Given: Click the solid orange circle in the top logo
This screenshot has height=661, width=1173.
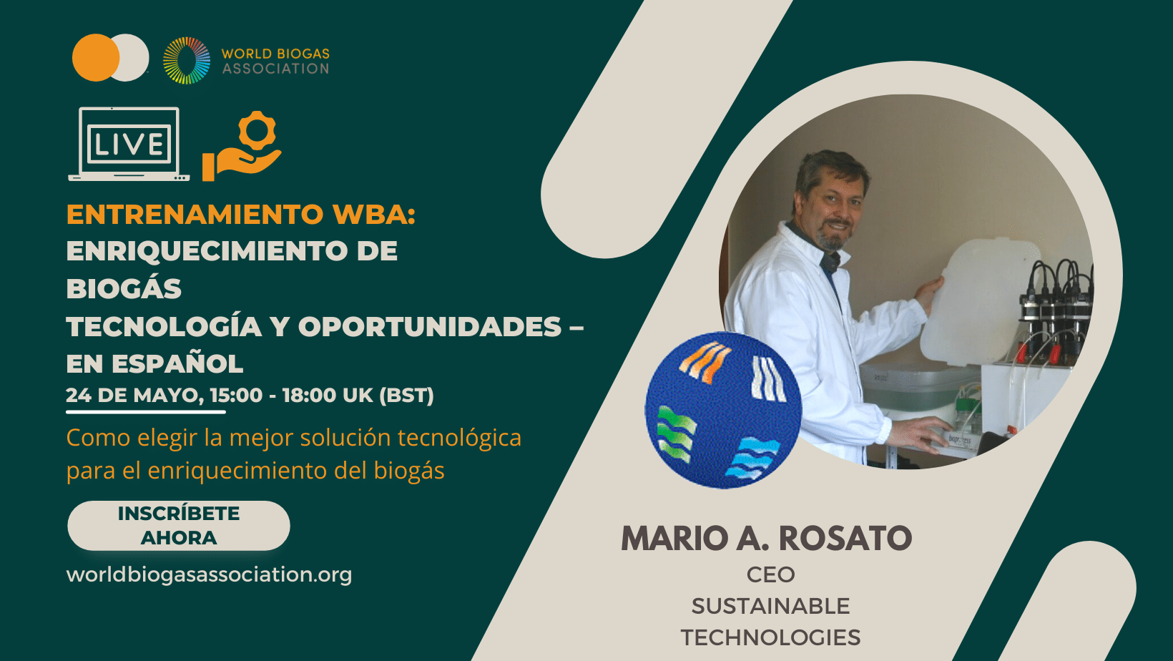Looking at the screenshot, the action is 96,58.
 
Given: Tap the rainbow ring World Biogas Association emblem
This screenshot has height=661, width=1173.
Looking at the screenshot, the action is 187,61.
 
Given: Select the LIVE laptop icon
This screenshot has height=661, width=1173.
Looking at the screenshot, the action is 129,144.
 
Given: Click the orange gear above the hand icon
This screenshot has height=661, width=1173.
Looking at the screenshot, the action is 257,130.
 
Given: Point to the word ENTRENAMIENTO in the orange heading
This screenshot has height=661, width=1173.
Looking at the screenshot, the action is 195,214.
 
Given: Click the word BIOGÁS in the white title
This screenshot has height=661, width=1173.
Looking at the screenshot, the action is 124,288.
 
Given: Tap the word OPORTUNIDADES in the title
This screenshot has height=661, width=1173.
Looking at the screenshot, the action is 430,327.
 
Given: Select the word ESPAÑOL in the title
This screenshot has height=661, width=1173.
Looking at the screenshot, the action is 177,363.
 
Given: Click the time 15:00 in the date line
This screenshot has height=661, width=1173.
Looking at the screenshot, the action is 237,396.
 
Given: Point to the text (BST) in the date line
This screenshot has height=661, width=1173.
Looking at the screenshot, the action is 406,396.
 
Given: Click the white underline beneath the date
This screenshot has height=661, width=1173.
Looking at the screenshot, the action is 146,412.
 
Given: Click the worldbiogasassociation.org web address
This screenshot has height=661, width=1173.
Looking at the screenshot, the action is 210,574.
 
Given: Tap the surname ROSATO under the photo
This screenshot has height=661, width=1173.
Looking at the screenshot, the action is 845,538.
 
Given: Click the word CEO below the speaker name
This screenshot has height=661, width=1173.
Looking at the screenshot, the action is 770,575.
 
